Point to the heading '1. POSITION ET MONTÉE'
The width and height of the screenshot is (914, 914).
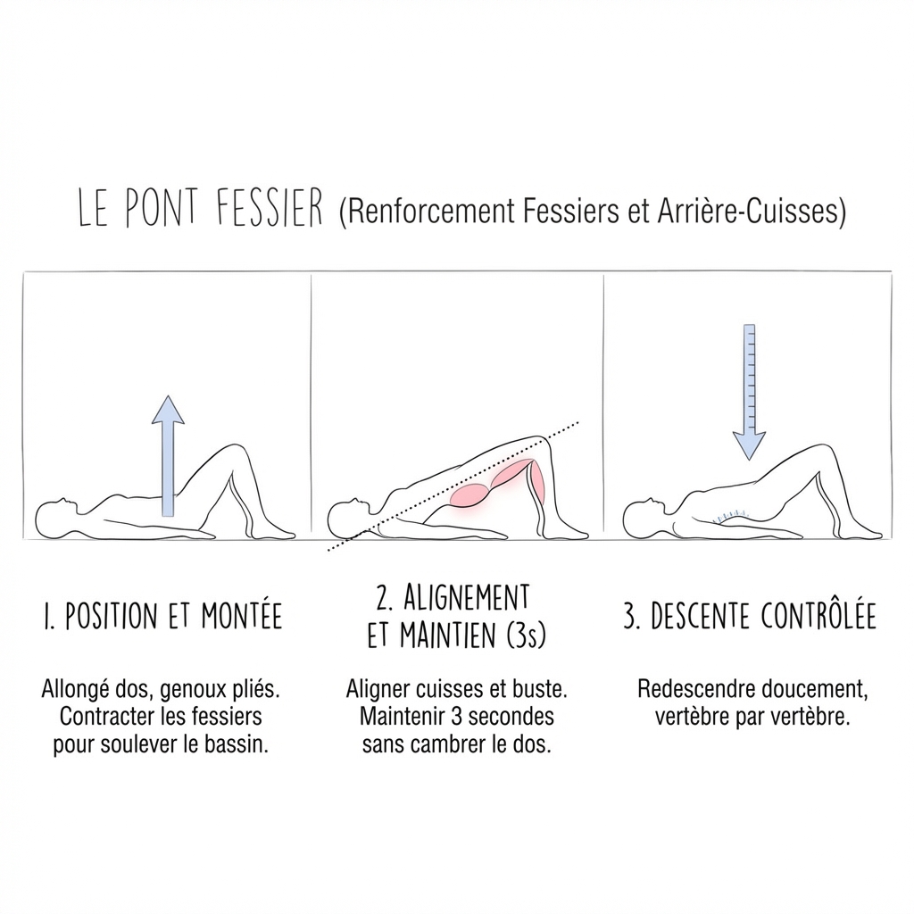(x=162, y=617)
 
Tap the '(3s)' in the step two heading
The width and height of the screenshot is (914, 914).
(x=526, y=636)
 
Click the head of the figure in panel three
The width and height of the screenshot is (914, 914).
(x=642, y=519)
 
